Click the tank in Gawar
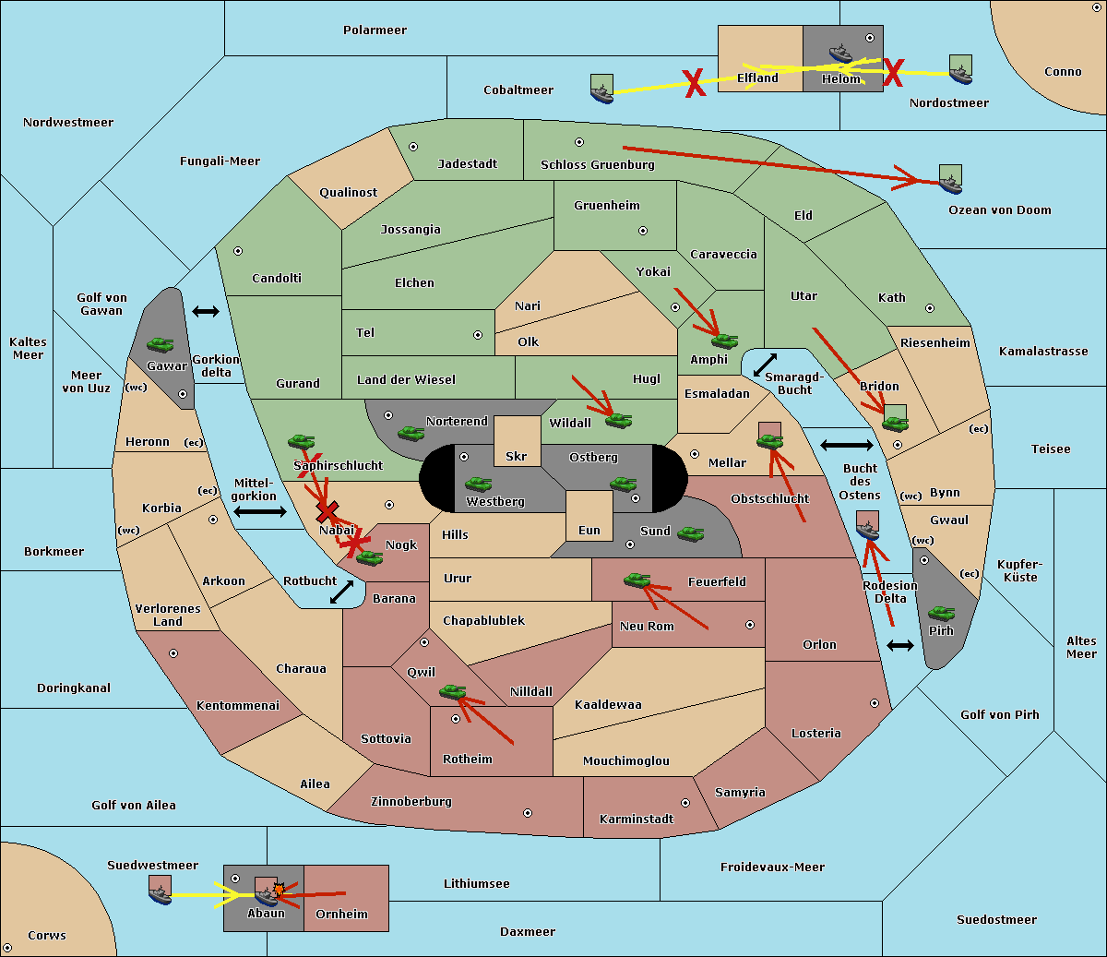tap(161, 344)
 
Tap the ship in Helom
tap(840, 53)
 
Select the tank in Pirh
tap(941, 613)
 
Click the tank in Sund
tap(690, 533)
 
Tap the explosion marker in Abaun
tap(279, 890)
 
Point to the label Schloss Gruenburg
tap(597, 164)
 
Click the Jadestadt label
tap(468, 163)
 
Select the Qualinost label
tap(348, 192)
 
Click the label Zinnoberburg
tap(411, 801)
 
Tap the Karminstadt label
tap(637, 819)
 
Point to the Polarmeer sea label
tap(375, 30)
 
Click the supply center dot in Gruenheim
tap(643, 231)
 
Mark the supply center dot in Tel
tap(478, 335)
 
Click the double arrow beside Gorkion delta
tap(206, 311)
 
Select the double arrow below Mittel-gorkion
tap(260, 511)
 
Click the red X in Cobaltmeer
tap(695, 83)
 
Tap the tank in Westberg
tap(478, 484)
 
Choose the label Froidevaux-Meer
tap(772, 867)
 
